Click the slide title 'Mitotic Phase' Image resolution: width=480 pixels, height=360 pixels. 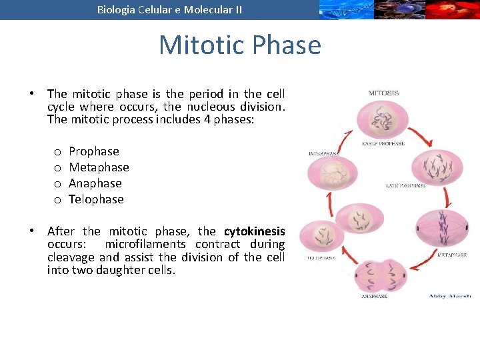click(x=240, y=45)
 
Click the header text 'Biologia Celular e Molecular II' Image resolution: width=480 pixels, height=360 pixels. click(x=169, y=9)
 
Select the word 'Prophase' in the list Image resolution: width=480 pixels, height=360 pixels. click(x=94, y=151)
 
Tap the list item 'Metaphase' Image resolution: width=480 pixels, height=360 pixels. click(x=99, y=167)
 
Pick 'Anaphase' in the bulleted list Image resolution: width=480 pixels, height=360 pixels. click(x=95, y=183)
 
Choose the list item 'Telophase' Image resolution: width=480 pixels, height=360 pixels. click(x=96, y=199)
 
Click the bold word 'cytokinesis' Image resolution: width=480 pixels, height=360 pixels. click(x=254, y=231)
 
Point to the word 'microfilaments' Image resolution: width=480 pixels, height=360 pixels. click(x=145, y=244)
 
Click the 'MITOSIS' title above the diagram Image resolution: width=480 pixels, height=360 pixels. click(x=383, y=93)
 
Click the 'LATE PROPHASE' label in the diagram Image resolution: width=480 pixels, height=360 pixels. click(x=405, y=185)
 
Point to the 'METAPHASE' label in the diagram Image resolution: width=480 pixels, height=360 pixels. click(x=452, y=255)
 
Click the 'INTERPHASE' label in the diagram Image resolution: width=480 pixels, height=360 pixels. click(x=324, y=153)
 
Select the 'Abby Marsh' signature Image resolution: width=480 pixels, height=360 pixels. click(x=449, y=296)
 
